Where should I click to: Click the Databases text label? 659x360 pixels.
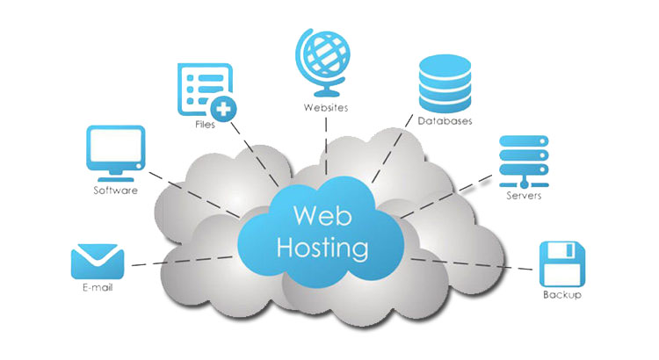coord(445,120)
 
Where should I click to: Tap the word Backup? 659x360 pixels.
coord(562,295)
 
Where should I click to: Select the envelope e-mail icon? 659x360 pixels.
coord(97,261)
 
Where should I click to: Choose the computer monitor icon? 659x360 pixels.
coord(115,152)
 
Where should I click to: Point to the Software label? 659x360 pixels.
coord(115,190)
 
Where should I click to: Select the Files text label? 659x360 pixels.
coord(205,125)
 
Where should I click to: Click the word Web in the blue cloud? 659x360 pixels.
coord(315,214)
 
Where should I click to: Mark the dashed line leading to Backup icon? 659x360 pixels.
coord(474,263)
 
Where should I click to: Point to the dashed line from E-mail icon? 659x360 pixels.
coord(185,258)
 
